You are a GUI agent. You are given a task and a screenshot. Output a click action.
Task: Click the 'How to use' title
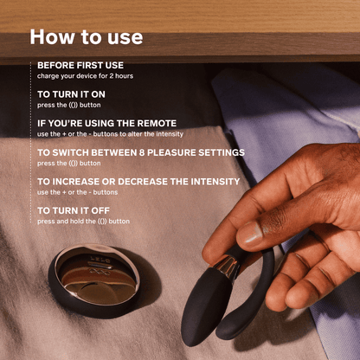[x=87, y=37]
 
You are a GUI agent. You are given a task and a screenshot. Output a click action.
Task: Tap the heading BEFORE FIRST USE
[x=80, y=65]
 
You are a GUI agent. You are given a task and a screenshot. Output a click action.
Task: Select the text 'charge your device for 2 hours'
[x=85, y=76]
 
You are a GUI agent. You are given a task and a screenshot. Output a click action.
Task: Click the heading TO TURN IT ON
[x=71, y=94]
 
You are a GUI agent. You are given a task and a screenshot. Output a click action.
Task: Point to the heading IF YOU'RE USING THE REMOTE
[x=106, y=123]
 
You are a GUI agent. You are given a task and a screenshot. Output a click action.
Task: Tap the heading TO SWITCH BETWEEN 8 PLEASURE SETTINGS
[x=141, y=152]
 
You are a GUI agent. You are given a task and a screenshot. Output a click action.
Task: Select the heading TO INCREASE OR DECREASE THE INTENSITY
[x=138, y=182]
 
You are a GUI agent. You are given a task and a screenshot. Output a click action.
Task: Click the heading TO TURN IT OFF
[x=74, y=210]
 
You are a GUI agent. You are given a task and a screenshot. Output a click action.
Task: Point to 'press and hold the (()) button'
[x=83, y=222]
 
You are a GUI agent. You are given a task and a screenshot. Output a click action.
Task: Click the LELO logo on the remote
[x=100, y=260]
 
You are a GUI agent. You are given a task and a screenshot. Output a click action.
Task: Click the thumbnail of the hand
[x=249, y=233]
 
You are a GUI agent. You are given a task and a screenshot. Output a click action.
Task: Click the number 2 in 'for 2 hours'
[x=112, y=76]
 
